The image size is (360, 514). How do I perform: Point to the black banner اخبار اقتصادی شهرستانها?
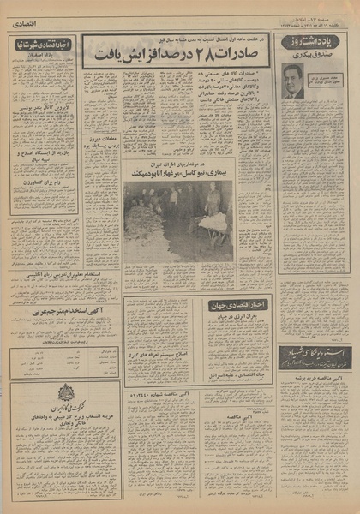[x=43, y=43]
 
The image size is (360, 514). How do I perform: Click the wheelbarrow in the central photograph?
[x=214, y=223]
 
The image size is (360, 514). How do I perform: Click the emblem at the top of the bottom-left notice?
[x=65, y=393]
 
